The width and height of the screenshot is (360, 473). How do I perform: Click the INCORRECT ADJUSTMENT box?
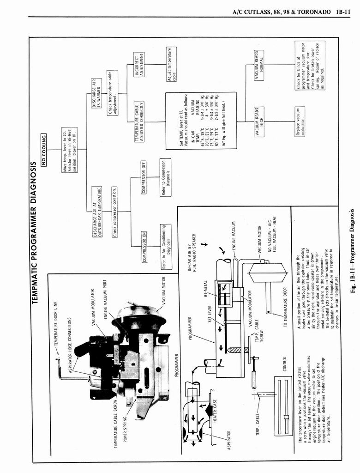139,64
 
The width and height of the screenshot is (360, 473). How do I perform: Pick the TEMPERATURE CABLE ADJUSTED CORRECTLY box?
139,122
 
